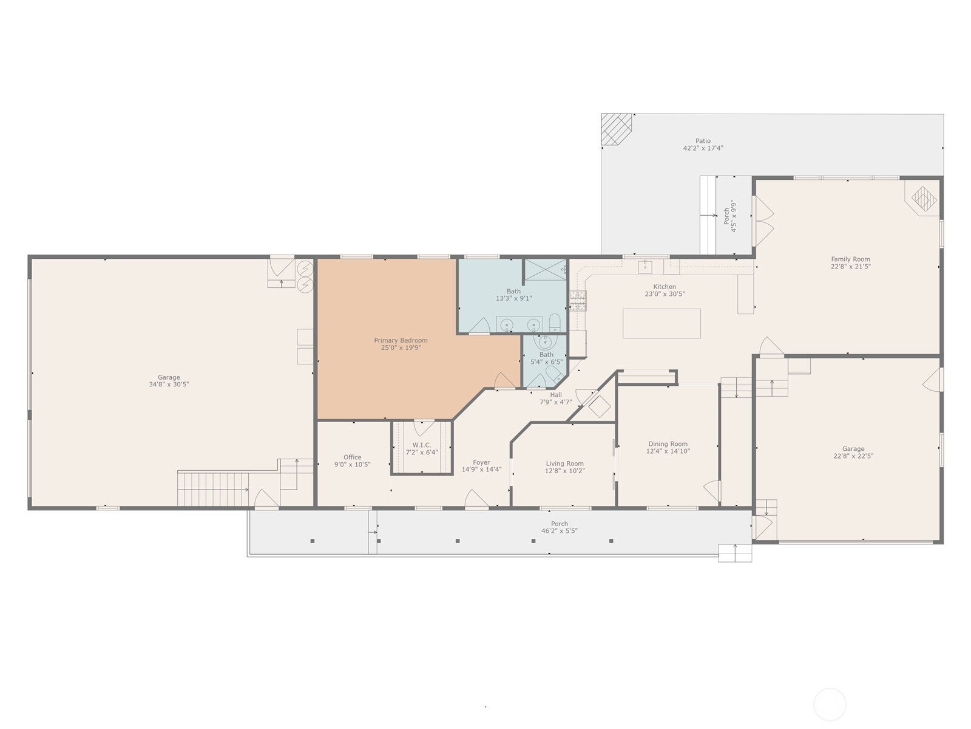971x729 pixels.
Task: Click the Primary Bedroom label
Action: pos(401,340)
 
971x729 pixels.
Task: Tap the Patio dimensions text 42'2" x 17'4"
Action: pos(703,148)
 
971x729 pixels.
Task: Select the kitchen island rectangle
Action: pos(661,324)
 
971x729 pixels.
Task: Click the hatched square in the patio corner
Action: pos(616,129)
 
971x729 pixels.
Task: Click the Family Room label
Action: pos(850,259)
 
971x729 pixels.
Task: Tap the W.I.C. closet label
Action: pos(422,445)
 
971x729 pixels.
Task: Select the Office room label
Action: pos(352,457)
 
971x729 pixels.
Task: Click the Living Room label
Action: pos(564,464)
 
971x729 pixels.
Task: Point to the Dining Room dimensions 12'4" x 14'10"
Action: pos(668,451)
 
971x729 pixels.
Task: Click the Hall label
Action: pos(556,394)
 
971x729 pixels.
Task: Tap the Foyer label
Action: pos(481,462)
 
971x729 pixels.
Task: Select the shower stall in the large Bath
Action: pos(545,270)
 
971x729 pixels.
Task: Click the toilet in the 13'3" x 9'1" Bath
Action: pos(555,323)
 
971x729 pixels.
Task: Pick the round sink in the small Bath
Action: pos(545,342)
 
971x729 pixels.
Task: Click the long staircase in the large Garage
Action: pos(213,489)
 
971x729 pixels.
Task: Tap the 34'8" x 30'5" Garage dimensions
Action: pos(169,384)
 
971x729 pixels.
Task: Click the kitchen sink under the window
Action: pos(645,267)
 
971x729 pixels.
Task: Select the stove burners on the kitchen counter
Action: pos(578,301)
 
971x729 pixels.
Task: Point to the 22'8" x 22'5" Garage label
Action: pos(853,456)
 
